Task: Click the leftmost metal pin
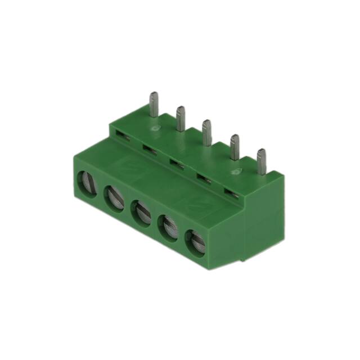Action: click(x=154, y=105)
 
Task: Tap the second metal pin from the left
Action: click(x=181, y=119)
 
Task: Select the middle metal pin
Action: click(x=206, y=132)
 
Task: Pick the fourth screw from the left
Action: click(x=168, y=228)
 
